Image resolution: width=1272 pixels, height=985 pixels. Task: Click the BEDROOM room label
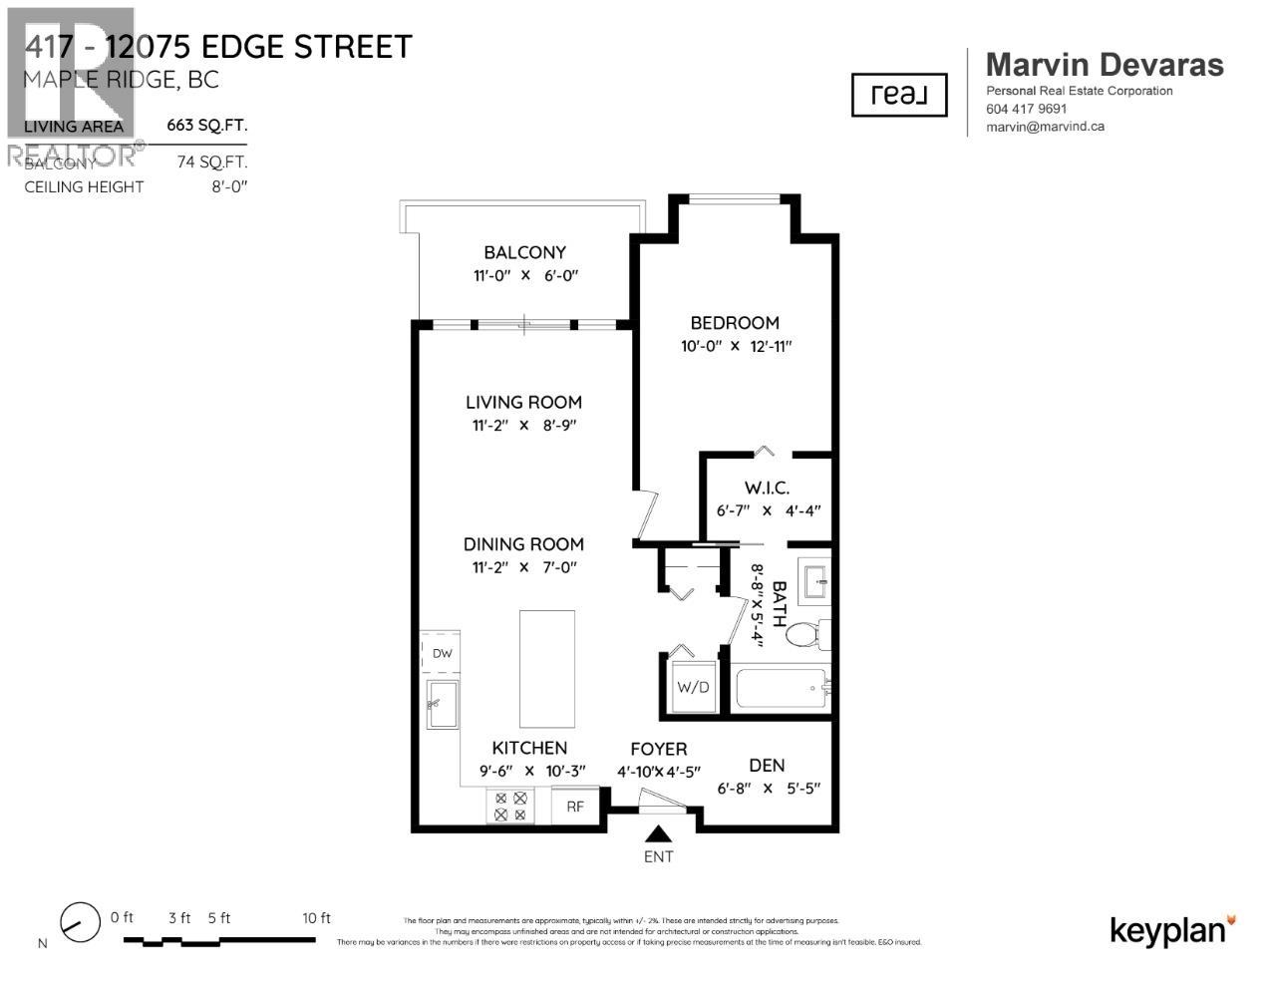(x=735, y=323)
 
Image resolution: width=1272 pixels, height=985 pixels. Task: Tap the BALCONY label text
(x=524, y=253)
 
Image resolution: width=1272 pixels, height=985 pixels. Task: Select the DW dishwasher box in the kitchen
(x=442, y=654)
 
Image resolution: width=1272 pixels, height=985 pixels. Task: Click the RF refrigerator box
(x=575, y=806)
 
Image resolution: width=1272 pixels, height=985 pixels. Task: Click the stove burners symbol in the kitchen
(x=510, y=806)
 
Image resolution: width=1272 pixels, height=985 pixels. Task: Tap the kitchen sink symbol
(x=443, y=704)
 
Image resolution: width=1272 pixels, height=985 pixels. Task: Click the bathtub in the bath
(x=783, y=689)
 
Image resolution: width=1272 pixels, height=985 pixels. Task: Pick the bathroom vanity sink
(x=814, y=580)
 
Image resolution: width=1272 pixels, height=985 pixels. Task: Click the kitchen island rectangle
(x=546, y=669)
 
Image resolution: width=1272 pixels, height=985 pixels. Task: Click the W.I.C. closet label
(x=767, y=488)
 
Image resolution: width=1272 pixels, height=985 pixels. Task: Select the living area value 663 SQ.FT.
(x=206, y=126)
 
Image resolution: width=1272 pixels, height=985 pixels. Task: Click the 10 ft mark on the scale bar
(x=316, y=918)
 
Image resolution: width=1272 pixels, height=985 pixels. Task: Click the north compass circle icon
(x=80, y=922)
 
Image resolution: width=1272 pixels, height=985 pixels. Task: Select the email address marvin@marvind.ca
(x=1045, y=127)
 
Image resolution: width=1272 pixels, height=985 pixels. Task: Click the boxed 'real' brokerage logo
(x=898, y=95)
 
